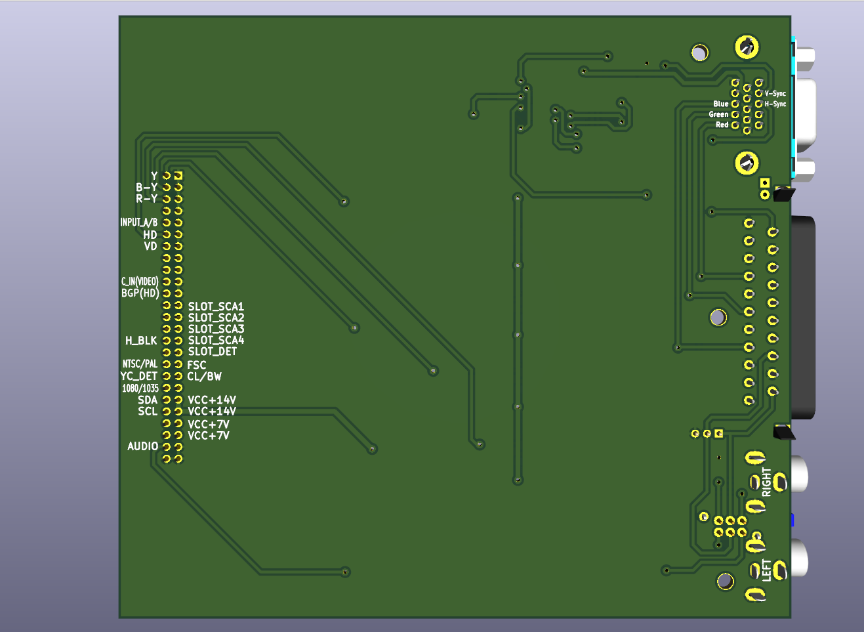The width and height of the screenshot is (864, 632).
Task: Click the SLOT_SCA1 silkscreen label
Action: coord(216,306)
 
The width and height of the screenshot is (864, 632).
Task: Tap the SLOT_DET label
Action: coord(213,352)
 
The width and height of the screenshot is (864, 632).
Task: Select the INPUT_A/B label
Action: coord(139,222)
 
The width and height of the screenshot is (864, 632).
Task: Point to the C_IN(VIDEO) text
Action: coord(140,282)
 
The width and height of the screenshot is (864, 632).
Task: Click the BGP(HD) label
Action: coord(140,293)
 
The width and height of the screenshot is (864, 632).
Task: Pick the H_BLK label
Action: coord(141,341)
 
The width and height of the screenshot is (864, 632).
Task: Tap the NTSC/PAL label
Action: coord(140,364)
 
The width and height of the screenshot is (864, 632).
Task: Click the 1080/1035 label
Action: coord(140,388)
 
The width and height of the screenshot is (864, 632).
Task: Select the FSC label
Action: coord(197,365)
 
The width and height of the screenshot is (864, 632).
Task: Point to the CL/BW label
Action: coord(205,377)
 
